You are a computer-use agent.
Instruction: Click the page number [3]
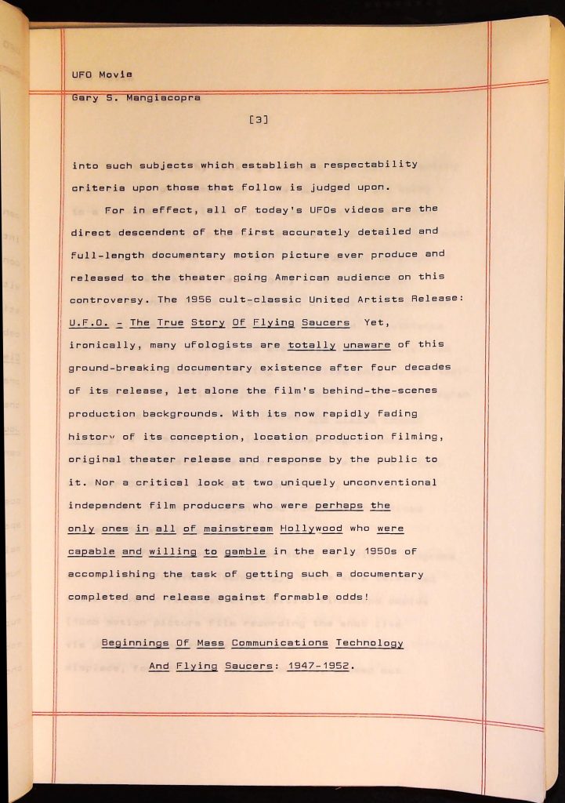[259, 120]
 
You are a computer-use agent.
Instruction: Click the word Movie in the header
[116, 74]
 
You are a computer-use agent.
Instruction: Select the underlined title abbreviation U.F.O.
[89, 322]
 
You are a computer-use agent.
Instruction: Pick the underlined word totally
[311, 344]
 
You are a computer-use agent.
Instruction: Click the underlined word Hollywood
[311, 529]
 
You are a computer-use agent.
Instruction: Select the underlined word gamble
[244, 551]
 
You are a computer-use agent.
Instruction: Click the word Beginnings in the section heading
[136, 643]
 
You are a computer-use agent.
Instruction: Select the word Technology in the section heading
[369, 643]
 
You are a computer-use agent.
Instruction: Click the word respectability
[371, 165]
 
